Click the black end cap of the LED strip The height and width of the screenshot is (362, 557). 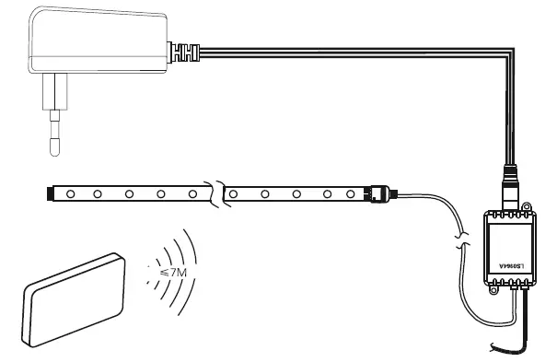coord(48,193)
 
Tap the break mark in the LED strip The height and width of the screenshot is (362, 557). coord(218,194)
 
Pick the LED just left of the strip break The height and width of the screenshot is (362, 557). coord(193,194)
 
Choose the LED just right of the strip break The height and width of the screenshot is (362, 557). coord(234,194)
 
